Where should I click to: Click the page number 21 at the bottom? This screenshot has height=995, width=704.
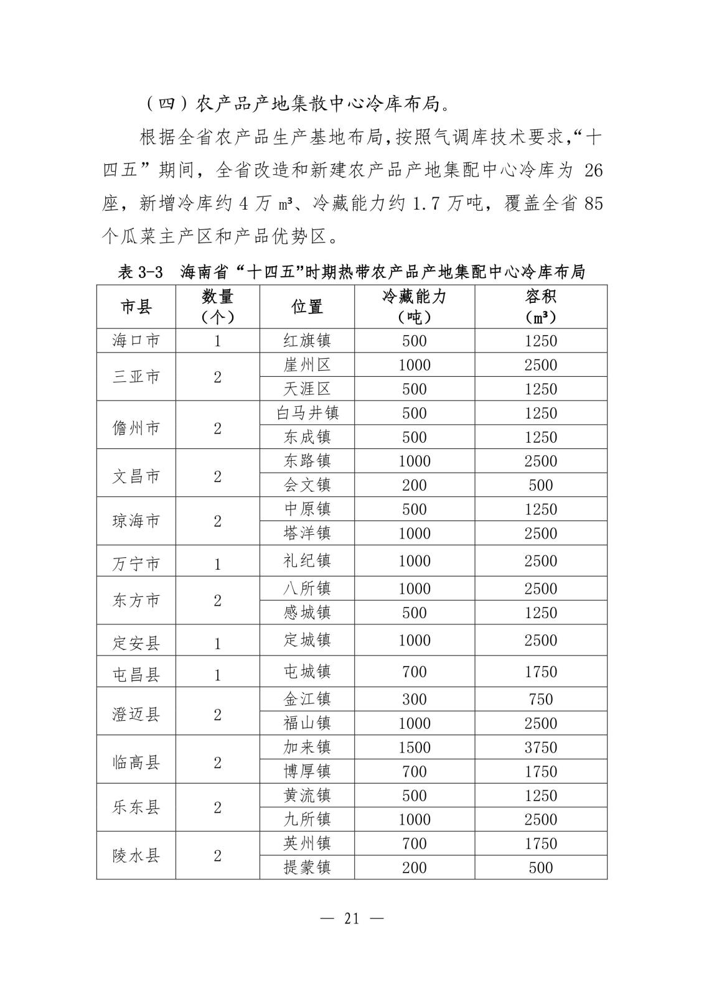[x=352, y=919]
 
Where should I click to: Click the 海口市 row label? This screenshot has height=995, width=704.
[x=136, y=341]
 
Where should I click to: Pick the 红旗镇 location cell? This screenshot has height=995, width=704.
[x=307, y=341]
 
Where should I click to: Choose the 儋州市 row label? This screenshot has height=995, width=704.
[x=136, y=428]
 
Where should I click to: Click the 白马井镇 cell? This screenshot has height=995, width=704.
[x=307, y=413]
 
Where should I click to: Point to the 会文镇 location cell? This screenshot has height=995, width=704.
[x=307, y=485]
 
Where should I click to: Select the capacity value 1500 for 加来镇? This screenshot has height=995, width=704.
[x=414, y=747]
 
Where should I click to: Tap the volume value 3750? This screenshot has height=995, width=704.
[x=540, y=747]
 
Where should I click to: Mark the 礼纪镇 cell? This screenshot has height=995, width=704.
[x=307, y=561]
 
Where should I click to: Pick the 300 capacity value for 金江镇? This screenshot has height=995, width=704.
[x=414, y=699]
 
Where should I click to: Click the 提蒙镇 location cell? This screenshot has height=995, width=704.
[x=307, y=868]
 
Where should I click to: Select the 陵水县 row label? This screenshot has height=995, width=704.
[x=136, y=856]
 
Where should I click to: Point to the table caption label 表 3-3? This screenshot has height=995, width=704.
[x=140, y=272]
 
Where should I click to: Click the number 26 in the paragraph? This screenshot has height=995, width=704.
[x=594, y=170]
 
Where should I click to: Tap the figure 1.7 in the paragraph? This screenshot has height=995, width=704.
[x=428, y=203]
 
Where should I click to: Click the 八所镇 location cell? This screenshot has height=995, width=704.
[x=307, y=588]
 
